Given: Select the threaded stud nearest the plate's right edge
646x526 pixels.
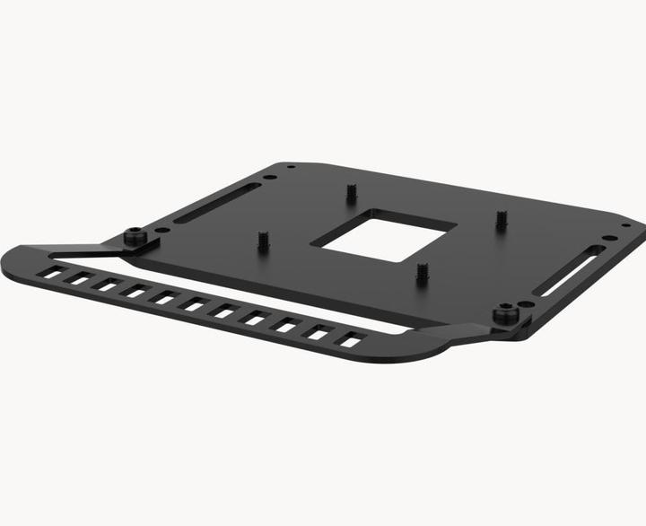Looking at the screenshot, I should click(502, 218).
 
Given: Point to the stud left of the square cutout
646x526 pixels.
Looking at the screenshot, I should click(263, 241).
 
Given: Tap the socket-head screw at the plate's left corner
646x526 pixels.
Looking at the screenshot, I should click(135, 238).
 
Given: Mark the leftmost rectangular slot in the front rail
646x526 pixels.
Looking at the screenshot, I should click(53, 271).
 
